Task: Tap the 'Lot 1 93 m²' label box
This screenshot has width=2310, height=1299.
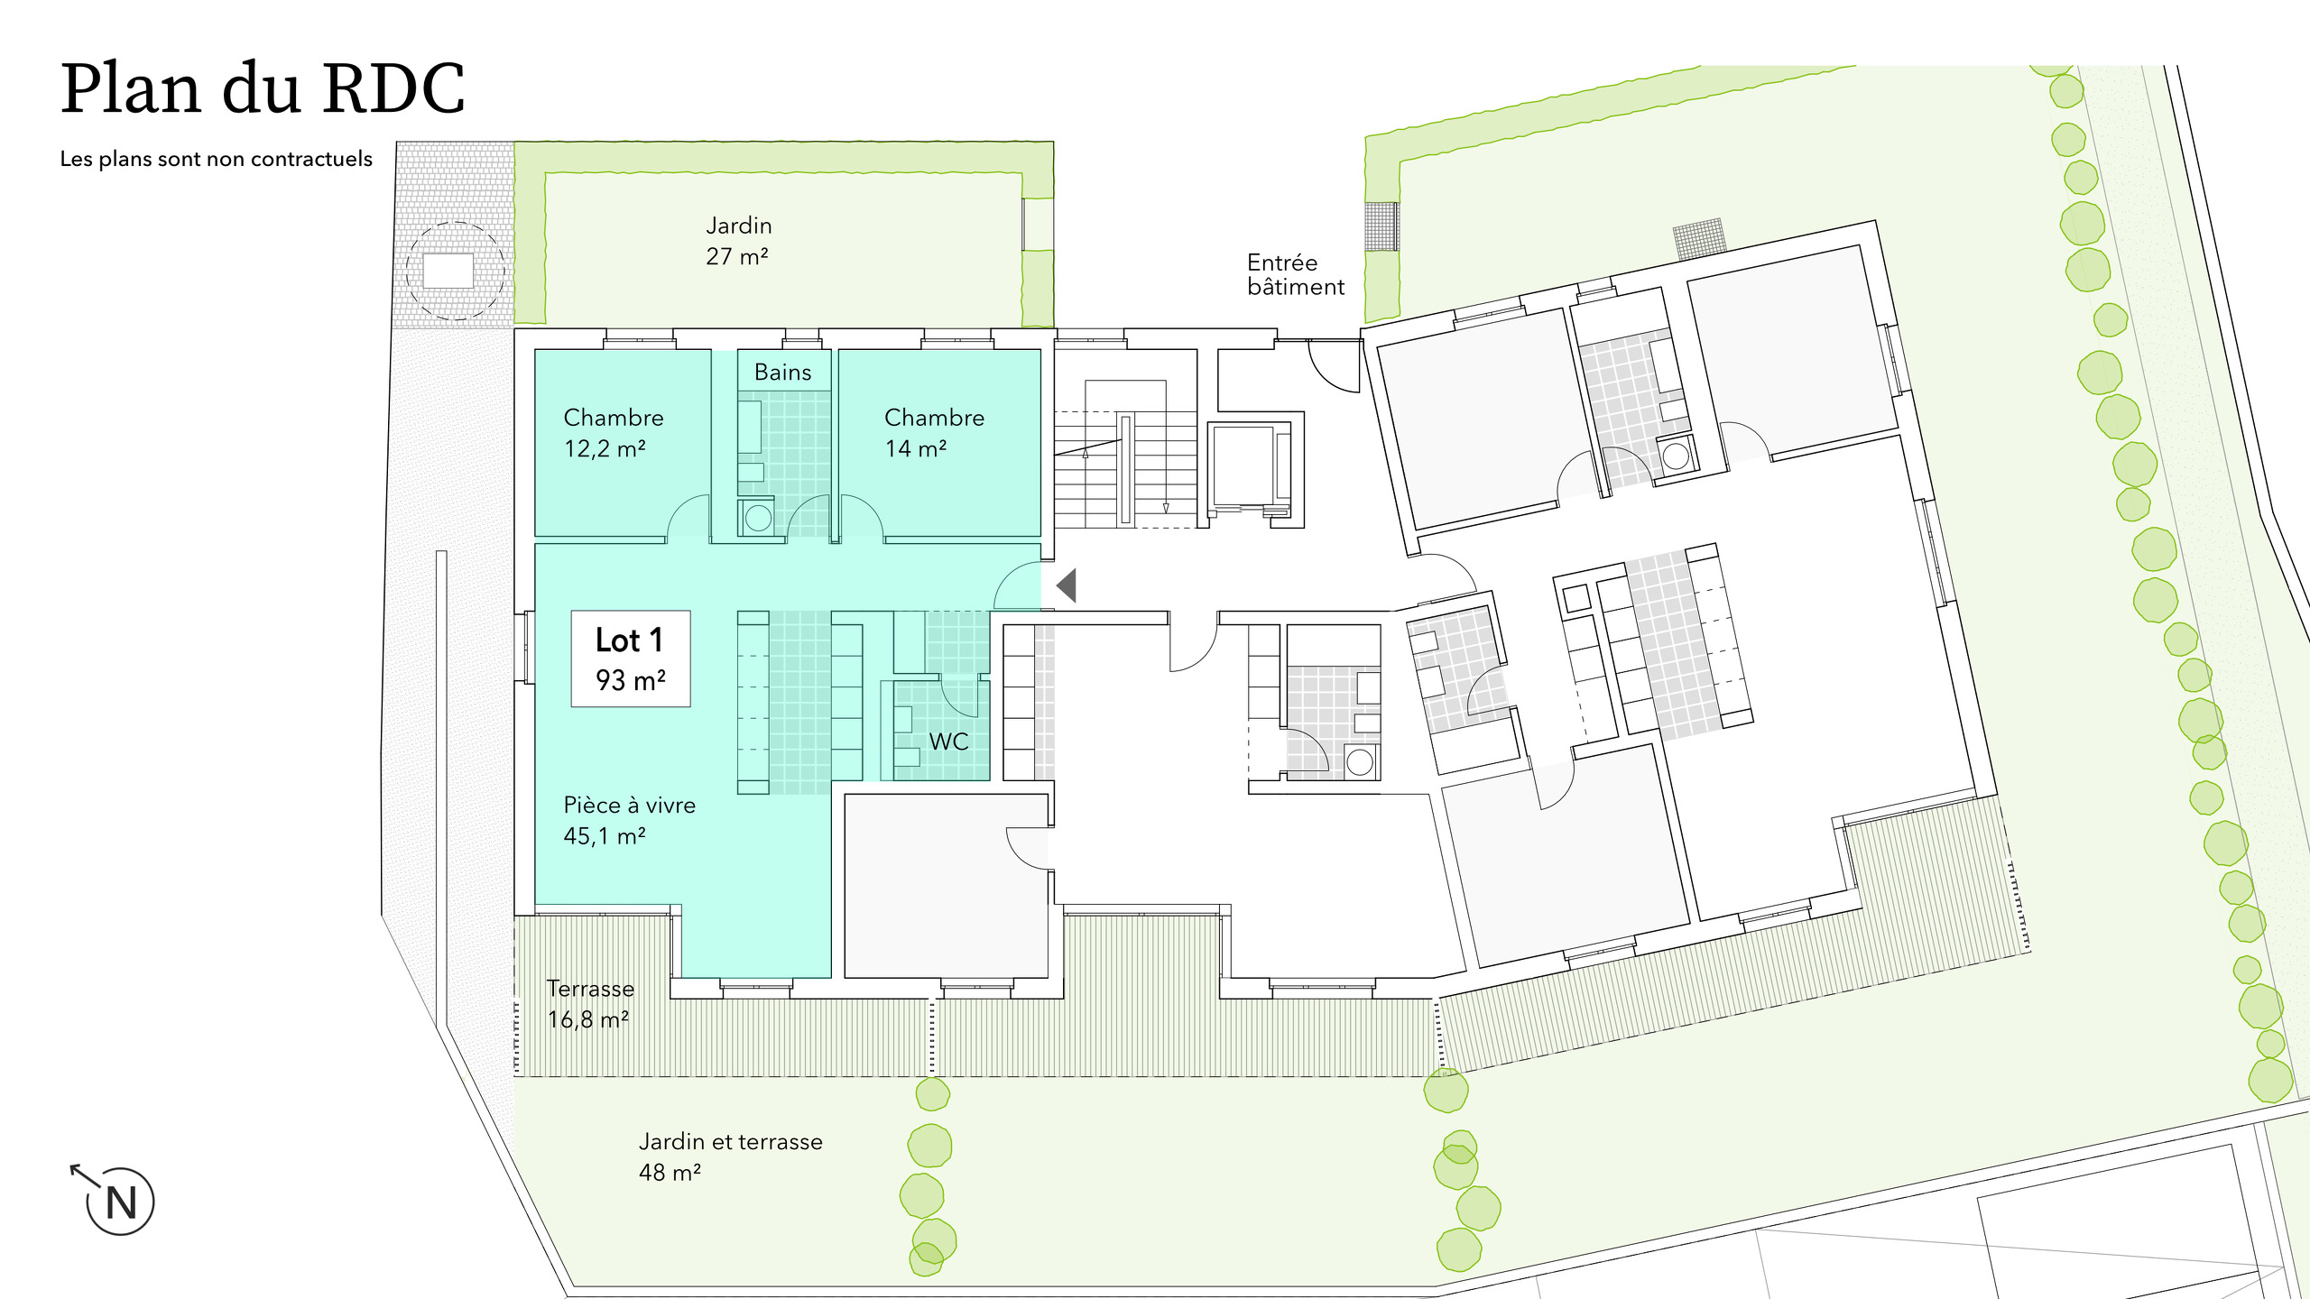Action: pyautogui.click(x=630, y=659)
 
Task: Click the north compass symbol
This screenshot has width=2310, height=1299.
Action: pyautogui.click(x=119, y=1201)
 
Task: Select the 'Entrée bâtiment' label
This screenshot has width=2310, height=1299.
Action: pyautogui.click(x=1294, y=275)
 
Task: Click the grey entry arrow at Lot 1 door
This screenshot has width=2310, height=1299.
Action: pyautogui.click(x=1067, y=585)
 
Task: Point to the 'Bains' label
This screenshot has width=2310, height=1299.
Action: pyautogui.click(x=782, y=372)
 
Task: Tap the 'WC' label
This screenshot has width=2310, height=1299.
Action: pyautogui.click(x=948, y=742)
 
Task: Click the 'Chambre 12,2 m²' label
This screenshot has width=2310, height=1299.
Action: pyautogui.click(x=613, y=432)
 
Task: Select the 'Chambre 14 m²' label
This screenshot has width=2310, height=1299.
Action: pyautogui.click(x=933, y=432)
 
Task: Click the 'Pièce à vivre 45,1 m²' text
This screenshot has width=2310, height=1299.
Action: pyautogui.click(x=629, y=820)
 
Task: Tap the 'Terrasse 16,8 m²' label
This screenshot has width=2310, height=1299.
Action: pyautogui.click(x=590, y=1003)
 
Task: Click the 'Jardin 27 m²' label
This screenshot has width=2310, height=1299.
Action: pyautogui.click(x=738, y=240)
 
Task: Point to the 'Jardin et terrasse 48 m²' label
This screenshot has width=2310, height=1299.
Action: pyautogui.click(x=729, y=1156)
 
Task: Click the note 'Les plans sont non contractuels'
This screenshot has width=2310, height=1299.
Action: pyautogui.click(x=216, y=159)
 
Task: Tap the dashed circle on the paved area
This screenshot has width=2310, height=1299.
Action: pyautogui.click(x=454, y=271)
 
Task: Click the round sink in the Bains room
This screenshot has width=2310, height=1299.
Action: pyautogui.click(x=758, y=518)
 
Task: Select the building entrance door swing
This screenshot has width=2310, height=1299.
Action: pyautogui.click(x=1335, y=367)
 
